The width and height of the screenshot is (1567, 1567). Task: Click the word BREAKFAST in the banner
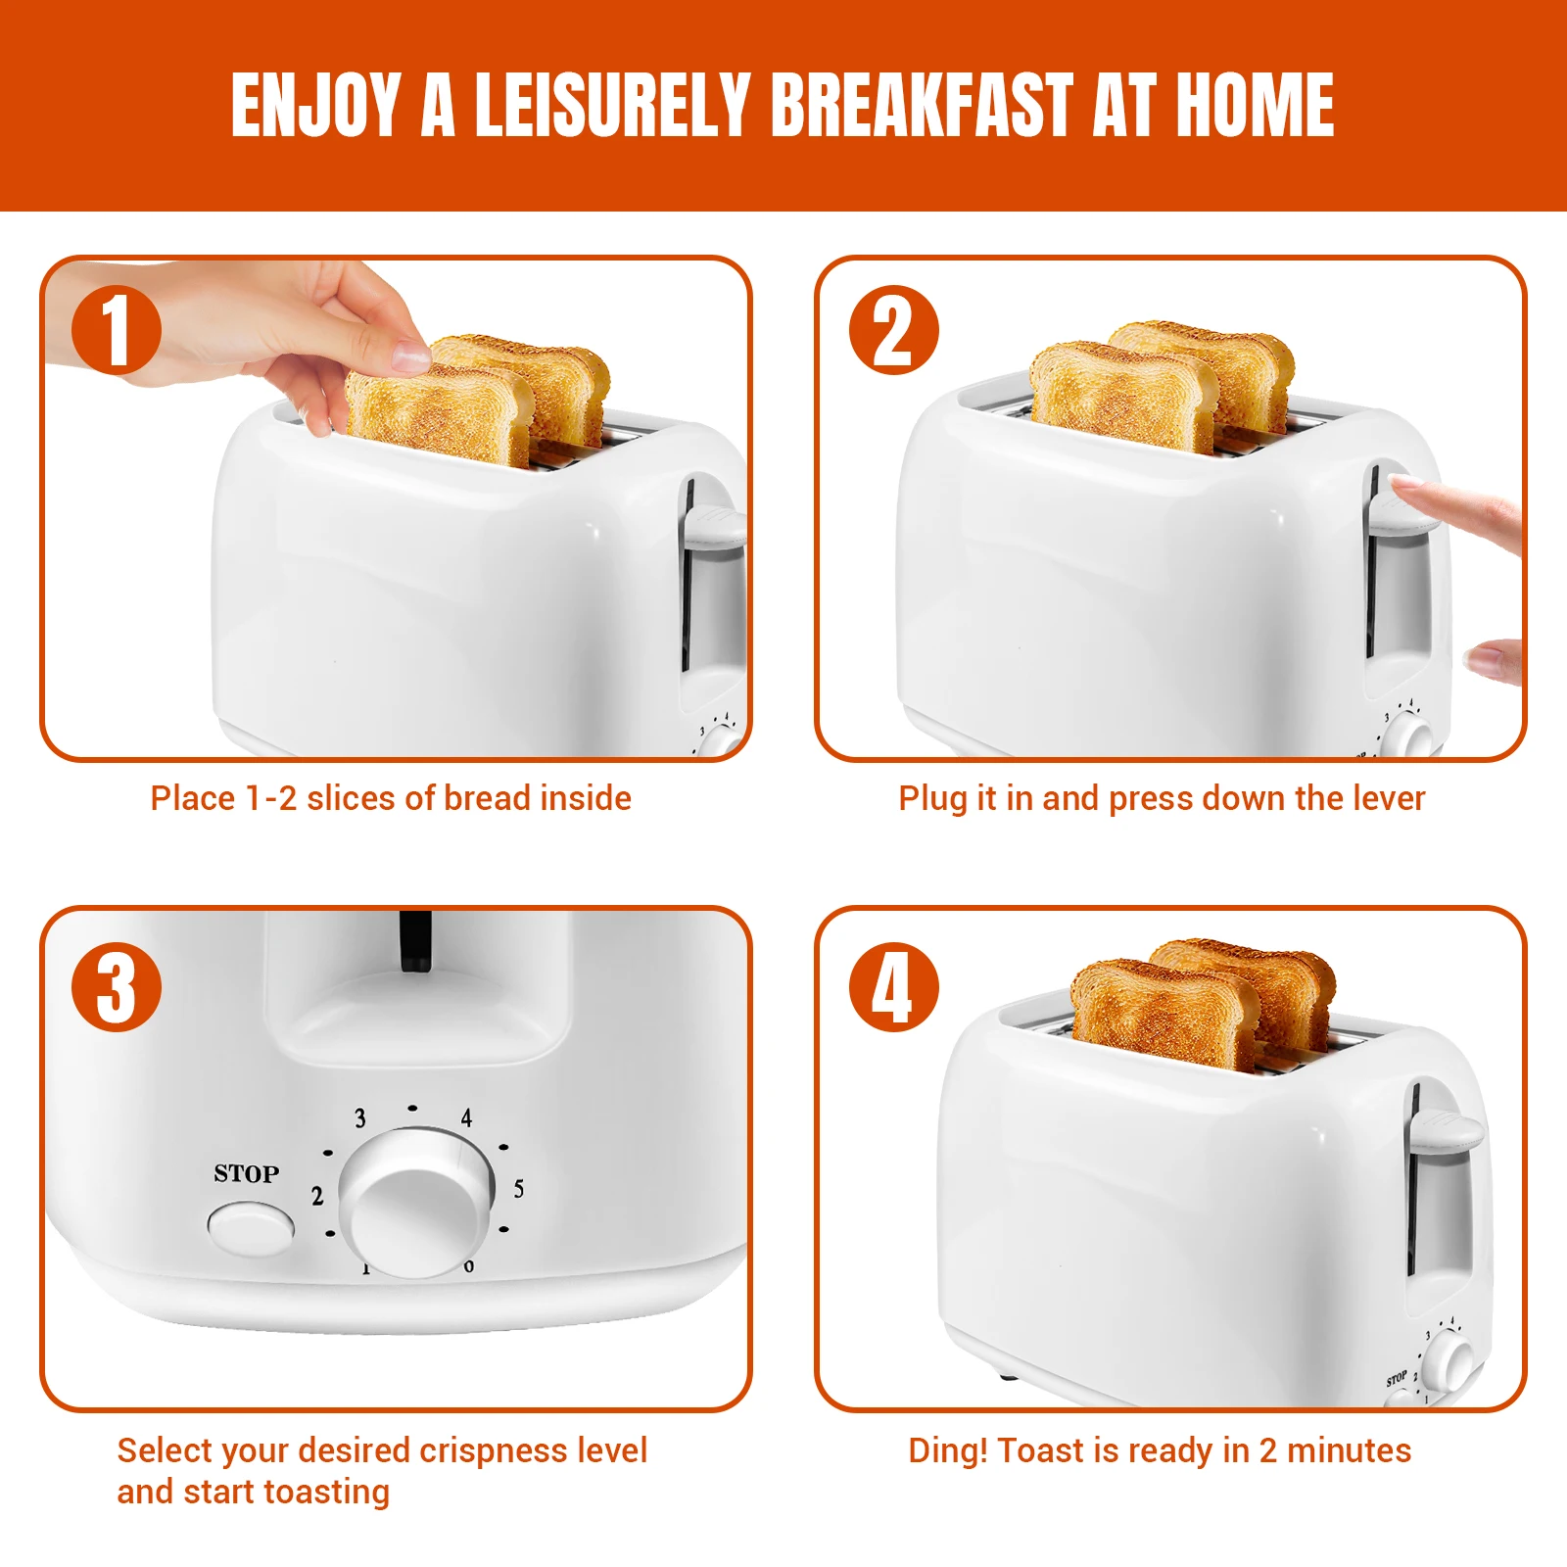pos(923,105)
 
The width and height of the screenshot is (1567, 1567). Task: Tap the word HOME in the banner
pos(1255,105)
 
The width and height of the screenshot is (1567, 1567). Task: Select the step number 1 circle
pos(117,330)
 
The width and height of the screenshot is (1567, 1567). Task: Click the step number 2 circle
pos(893,330)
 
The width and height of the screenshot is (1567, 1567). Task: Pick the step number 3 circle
pos(117,986)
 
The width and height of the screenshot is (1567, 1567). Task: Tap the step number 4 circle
pos(893,986)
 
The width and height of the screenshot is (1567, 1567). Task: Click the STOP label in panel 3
pos(247,1173)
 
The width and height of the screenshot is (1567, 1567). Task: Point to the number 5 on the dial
pos(518,1189)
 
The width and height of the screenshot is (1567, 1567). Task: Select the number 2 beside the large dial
pos(317,1196)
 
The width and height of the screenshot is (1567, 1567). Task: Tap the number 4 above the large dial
pos(466,1117)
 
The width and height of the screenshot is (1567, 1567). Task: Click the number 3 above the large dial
pos(360,1117)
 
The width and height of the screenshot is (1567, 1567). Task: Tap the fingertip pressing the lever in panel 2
pos(1402,484)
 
